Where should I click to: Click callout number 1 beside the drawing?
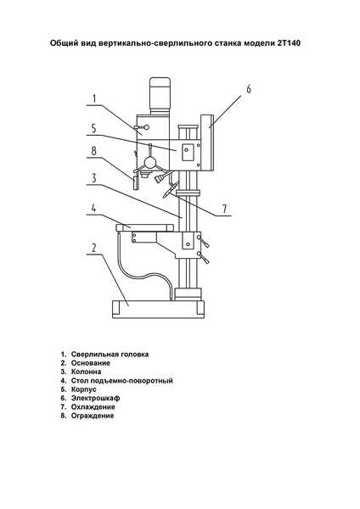pyautogui.click(x=94, y=98)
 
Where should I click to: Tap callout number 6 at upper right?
pyautogui.click(x=249, y=89)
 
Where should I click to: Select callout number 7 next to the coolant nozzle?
pyautogui.click(x=224, y=209)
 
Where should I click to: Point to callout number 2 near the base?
pyautogui.click(x=94, y=248)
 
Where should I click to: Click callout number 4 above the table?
pyautogui.click(x=93, y=208)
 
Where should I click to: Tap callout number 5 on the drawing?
pyautogui.click(x=93, y=129)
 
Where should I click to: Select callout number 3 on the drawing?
pyautogui.click(x=94, y=178)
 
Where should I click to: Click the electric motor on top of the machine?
pyautogui.click(x=160, y=95)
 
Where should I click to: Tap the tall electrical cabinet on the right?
pyautogui.click(x=207, y=143)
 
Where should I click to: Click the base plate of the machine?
pyautogui.click(x=158, y=309)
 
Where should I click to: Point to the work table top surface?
pyautogui.click(x=144, y=227)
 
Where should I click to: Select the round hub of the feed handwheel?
pyautogui.click(x=149, y=162)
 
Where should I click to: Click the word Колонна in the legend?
pyautogui.click(x=86, y=372)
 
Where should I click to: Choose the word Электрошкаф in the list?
pyautogui.click(x=96, y=398)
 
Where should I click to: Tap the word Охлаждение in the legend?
pyautogui.click(x=93, y=406)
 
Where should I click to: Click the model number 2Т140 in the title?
pyautogui.click(x=289, y=43)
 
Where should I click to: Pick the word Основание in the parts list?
pyautogui.click(x=91, y=363)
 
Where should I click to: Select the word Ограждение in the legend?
pyautogui.click(x=93, y=416)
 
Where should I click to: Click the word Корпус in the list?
pyautogui.click(x=84, y=389)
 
